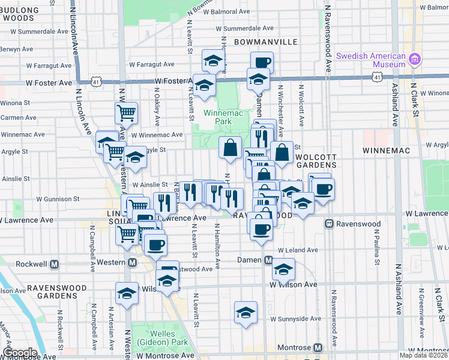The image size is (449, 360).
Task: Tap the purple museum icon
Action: [414, 59]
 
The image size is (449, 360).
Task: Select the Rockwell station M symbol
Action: [54, 264]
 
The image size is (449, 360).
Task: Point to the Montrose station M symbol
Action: [318, 348]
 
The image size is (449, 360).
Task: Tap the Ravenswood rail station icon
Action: [329, 224]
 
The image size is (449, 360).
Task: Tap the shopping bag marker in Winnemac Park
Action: [230, 147]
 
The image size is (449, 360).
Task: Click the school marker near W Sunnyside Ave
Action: [245, 313]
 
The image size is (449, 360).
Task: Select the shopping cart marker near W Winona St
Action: [126, 112]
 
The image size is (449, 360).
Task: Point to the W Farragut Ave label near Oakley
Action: [151, 64]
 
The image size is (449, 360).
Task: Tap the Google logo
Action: [19, 353]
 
